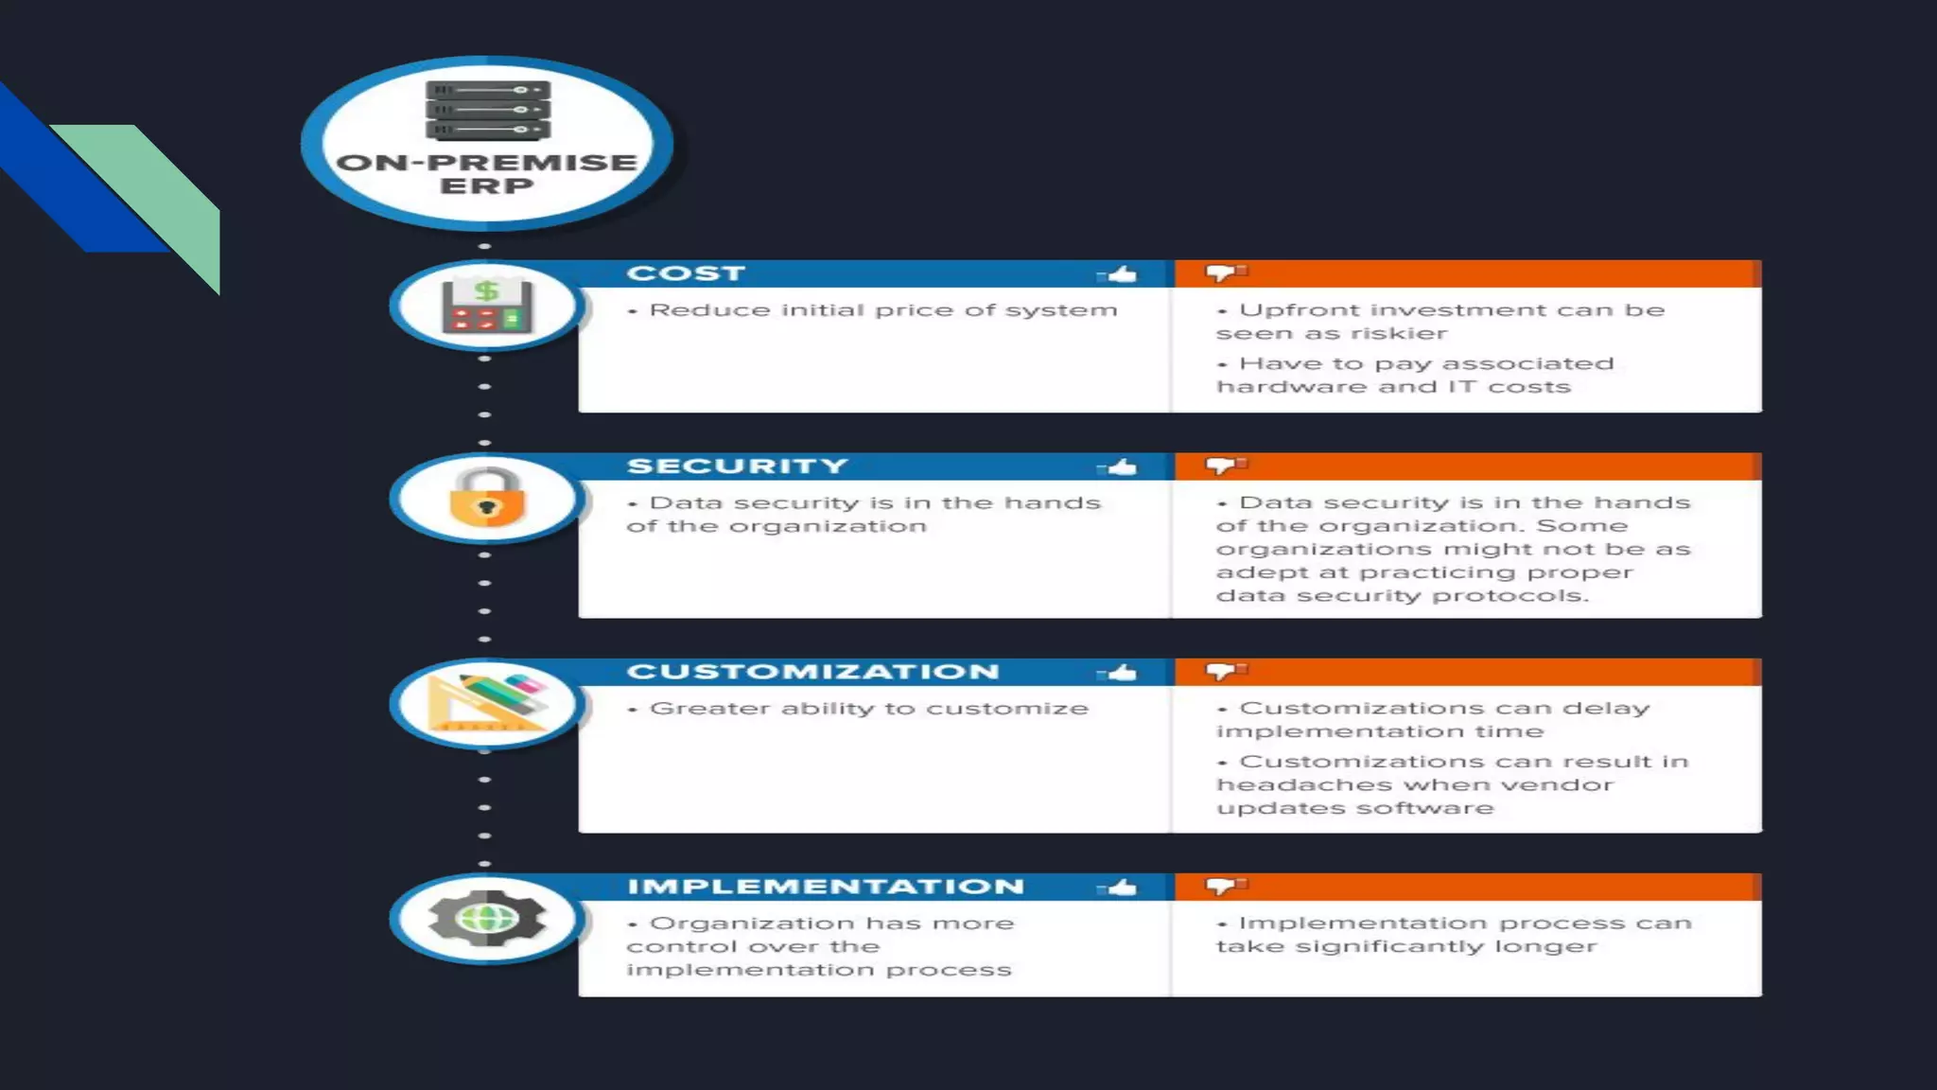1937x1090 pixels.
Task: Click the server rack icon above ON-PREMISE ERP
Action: [487, 110]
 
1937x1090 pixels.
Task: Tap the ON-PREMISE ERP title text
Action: [487, 174]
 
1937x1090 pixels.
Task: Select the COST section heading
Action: [686, 273]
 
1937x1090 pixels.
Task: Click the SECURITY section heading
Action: [738, 466]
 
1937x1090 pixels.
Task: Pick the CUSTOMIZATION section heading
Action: [812, 672]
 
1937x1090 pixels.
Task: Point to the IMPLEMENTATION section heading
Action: [826, 887]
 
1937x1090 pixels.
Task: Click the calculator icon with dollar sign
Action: [487, 306]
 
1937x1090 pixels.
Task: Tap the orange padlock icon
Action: [487, 498]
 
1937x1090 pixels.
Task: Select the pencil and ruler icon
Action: [487, 703]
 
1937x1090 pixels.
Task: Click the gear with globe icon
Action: [487, 918]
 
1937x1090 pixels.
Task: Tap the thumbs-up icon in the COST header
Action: [1119, 274]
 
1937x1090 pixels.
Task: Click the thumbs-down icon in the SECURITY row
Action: [1225, 466]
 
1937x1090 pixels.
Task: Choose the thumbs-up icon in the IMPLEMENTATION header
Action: [1119, 888]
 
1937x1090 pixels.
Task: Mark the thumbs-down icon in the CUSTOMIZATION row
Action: [1225, 671]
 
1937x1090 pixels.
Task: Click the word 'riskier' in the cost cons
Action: [1399, 334]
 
